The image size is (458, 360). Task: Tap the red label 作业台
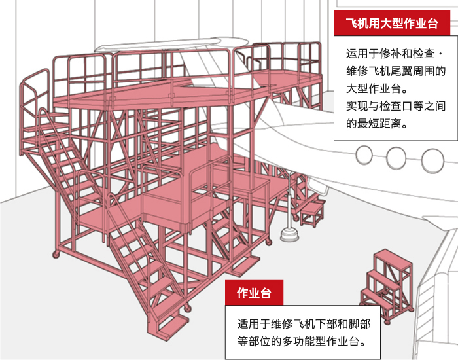coord(254,293)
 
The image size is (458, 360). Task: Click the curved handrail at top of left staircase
coord(31,92)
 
